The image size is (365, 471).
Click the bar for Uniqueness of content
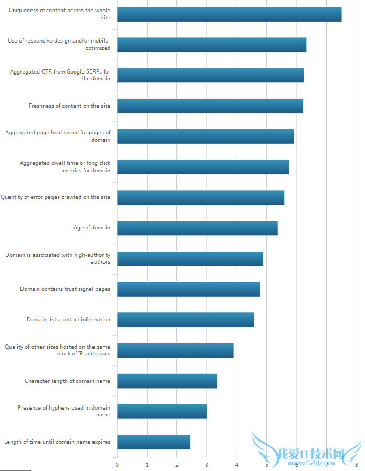pyautogui.click(x=229, y=14)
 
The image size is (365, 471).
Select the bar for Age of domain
pyautogui.click(x=197, y=228)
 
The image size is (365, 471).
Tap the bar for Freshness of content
pyautogui.click(x=210, y=106)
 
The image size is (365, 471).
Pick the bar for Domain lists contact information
pyautogui.click(x=185, y=319)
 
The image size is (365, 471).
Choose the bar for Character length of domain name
pyautogui.click(x=167, y=381)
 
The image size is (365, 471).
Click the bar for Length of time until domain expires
pyautogui.click(x=153, y=442)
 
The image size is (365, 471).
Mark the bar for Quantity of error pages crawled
pyautogui.click(x=200, y=197)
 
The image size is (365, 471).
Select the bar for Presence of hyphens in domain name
pyautogui.click(x=162, y=411)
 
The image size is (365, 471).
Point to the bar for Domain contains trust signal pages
pyautogui.click(x=189, y=289)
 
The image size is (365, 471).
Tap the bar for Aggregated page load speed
pyautogui.click(x=205, y=136)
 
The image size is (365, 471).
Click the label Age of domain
pyautogui.click(x=92, y=228)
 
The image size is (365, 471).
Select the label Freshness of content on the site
pyautogui.click(x=69, y=106)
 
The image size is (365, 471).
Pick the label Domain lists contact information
pyautogui.click(x=68, y=319)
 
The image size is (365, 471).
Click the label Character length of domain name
pyautogui.click(x=67, y=381)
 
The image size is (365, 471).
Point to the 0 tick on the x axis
pyautogui.click(x=117, y=464)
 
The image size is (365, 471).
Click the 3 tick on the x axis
pyautogui.click(x=207, y=464)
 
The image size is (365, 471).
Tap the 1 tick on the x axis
pyautogui.click(x=147, y=464)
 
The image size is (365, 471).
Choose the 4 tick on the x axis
pyautogui.click(x=237, y=464)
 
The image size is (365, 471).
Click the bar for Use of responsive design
pyautogui.click(x=211, y=45)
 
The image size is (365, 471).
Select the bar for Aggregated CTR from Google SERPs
pyautogui.click(x=210, y=75)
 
